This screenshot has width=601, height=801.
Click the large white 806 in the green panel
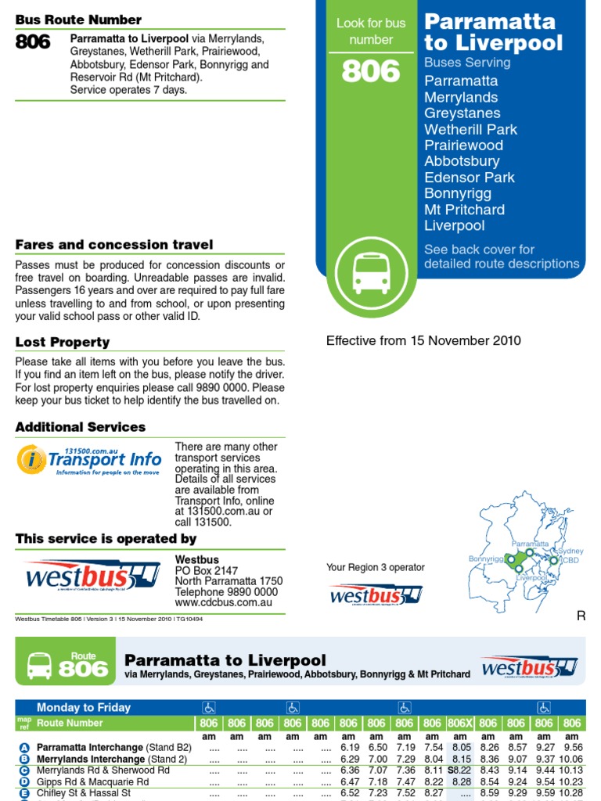(x=371, y=72)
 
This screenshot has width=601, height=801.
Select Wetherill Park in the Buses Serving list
(x=470, y=129)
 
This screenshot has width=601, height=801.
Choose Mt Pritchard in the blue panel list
(x=464, y=210)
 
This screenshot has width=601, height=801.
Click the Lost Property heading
(x=63, y=342)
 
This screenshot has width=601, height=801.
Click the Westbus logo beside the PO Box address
(x=92, y=577)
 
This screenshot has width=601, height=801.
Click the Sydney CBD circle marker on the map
(x=553, y=560)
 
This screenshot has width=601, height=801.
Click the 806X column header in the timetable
(x=459, y=724)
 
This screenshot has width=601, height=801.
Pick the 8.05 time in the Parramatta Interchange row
(x=460, y=748)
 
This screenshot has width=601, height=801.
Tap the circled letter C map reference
(x=23, y=770)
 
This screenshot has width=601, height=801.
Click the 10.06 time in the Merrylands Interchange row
(x=571, y=759)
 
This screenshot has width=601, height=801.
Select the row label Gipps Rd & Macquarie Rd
(x=92, y=781)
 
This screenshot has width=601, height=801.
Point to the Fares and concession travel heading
(x=114, y=245)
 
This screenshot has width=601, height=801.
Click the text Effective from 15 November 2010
(x=423, y=340)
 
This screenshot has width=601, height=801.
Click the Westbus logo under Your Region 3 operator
(x=375, y=594)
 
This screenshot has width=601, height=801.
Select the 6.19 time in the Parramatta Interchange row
(x=348, y=748)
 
